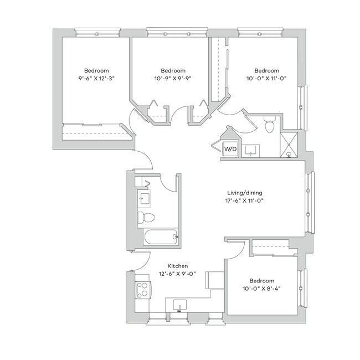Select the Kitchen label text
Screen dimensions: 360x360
click(x=170, y=266)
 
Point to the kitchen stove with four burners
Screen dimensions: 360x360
click(x=142, y=289)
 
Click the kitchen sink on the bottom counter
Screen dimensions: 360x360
click(x=180, y=305)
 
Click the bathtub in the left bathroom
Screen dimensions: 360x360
click(x=160, y=237)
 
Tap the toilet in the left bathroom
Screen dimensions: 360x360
click(x=142, y=217)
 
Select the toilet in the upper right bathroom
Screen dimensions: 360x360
click(x=270, y=125)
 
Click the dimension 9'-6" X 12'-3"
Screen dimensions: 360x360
click(x=92, y=79)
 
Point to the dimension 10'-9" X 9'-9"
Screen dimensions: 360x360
click(x=173, y=79)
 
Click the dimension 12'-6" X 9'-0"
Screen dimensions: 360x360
click(x=170, y=274)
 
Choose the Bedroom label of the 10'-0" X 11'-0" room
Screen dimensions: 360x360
click(x=266, y=71)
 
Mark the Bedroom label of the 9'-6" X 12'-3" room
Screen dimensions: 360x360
click(x=92, y=71)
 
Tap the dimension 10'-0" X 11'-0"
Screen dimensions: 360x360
click(x=266, y=79)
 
